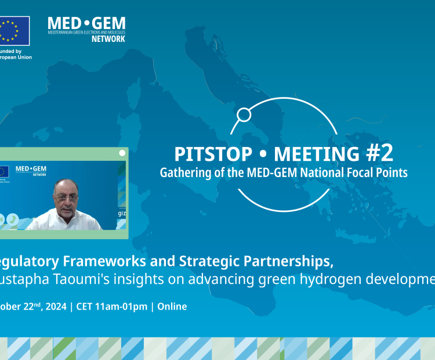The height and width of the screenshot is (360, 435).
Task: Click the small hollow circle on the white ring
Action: tap(244, 115)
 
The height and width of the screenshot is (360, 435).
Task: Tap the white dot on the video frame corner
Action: tap(122, 153)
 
